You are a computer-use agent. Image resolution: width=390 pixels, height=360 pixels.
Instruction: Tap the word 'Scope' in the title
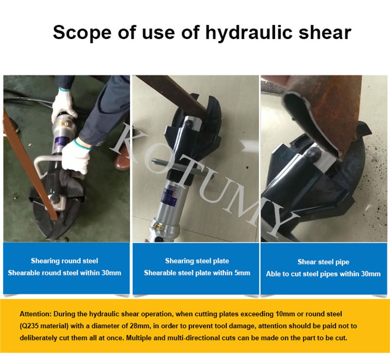click(82, 33)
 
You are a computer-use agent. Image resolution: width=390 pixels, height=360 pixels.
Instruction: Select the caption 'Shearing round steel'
click(64, 260)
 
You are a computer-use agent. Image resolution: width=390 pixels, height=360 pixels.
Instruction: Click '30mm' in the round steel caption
click(112, 273)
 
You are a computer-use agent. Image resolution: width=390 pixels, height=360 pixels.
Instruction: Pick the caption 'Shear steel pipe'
click(323, 262)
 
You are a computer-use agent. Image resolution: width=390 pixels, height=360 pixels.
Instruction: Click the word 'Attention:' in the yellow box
click(36, 314)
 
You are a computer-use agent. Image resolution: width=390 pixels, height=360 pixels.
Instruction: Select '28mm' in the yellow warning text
click(140, 326)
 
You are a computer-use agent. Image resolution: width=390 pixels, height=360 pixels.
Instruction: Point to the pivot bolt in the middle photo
click(190, 124)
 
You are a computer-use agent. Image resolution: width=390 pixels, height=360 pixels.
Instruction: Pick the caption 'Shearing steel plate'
click(197, 260)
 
